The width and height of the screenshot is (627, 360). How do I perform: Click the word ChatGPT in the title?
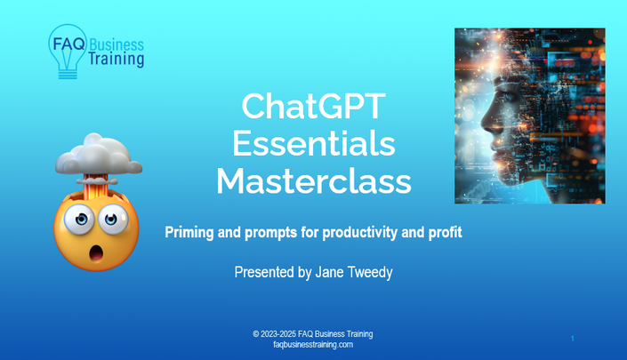click(313, 107)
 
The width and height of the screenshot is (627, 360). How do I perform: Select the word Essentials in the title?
click(314, 143)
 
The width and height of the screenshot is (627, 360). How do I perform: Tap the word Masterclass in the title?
click(314, 181)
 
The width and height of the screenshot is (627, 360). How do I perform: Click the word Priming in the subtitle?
click(189, 233)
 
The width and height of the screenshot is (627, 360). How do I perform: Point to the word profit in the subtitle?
click(445, 233)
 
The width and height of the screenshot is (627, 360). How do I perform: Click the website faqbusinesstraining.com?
click(313, 344)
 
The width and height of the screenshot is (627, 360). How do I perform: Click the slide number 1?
click(573, 339)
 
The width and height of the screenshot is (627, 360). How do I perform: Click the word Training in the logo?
click(116, 59)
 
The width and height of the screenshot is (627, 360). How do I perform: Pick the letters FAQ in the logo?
click(68, 44)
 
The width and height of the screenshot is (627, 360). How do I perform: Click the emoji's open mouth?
click(96, 253)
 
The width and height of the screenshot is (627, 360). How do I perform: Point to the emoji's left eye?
click(80, 219)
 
